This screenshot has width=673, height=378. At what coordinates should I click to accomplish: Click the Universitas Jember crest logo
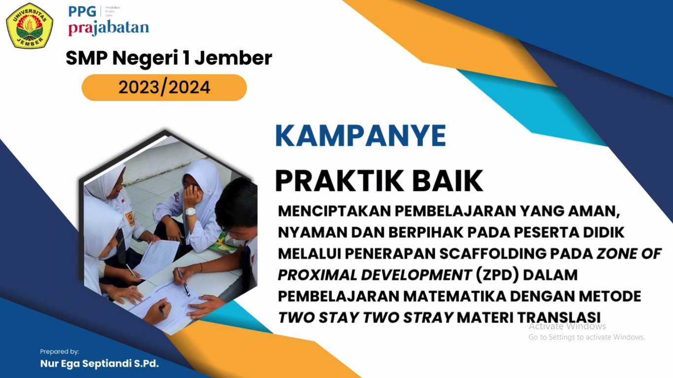coord(30,26)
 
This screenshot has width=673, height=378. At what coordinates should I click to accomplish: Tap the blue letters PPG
coord(82,12)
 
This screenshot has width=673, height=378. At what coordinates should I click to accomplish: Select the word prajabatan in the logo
coord(108,28)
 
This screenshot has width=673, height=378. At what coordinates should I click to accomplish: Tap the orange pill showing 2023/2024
coord(164,88)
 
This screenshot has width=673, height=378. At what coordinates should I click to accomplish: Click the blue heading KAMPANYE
coord(361,136)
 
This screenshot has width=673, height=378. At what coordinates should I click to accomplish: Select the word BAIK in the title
coord(447,181)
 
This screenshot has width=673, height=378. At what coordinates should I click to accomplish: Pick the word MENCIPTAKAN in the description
coord(334,211)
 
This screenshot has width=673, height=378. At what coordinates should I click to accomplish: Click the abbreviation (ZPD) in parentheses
coord(497,275)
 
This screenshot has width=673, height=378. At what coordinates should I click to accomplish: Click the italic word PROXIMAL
coord(318,275)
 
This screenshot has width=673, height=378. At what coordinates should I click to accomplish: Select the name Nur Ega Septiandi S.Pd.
coord(99,364)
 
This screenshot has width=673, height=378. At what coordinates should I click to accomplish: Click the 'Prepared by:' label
coord(60,351)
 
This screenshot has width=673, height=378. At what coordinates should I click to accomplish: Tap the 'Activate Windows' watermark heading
coord(567,326)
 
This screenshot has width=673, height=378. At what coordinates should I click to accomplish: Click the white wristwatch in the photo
coord(191,211)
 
